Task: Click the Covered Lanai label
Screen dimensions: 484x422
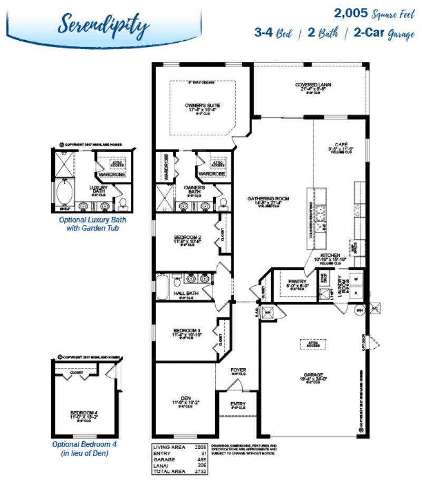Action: pos(313,85)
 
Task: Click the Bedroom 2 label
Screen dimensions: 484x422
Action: pos(187,237)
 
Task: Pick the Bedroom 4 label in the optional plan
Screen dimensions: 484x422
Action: pos(85,413)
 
